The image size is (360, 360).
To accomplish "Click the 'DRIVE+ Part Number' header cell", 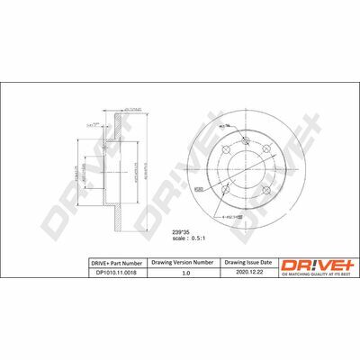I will (118, 263).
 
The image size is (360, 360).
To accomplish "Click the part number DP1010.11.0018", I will (118, 273).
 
